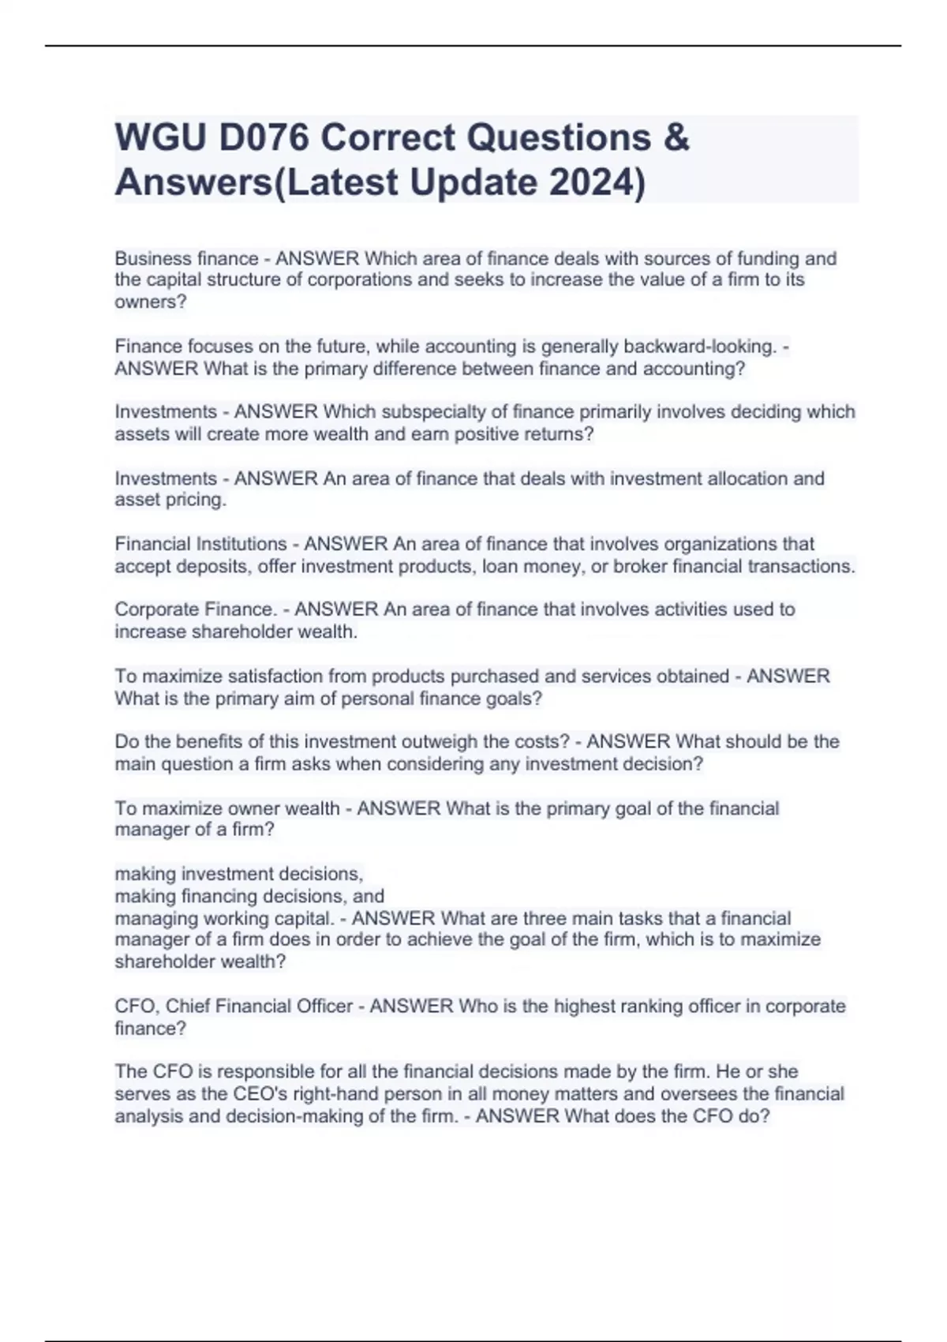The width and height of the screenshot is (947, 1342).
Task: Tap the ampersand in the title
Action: [x=676, y=138]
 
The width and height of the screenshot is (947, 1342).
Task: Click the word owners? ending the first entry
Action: [x=151, y=302]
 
